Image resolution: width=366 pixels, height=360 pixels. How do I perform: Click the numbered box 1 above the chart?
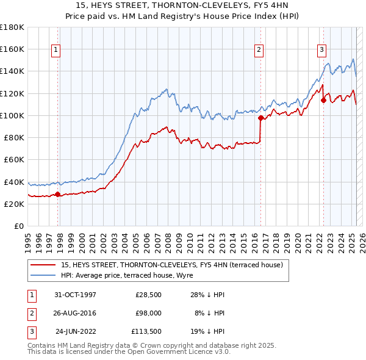[56, 50]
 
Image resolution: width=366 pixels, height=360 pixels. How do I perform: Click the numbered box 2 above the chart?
[259, 50]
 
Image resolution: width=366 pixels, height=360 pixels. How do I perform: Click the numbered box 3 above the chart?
[321, 50]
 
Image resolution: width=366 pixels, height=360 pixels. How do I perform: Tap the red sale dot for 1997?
[58, 195]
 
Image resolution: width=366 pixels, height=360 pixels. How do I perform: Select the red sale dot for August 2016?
[260, 118]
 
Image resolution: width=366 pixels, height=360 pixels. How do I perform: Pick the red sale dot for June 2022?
[323, 101]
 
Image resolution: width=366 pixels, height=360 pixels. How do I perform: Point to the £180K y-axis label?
[12, 27]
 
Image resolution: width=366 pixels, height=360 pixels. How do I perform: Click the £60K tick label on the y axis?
[14, 160]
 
